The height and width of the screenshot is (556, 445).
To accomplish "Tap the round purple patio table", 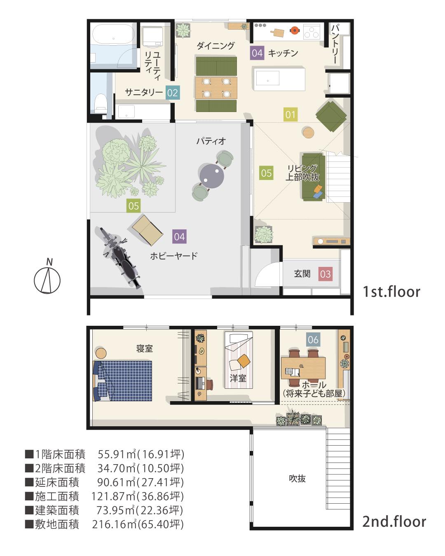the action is [212, 175].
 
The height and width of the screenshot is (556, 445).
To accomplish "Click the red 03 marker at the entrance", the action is [325, 274].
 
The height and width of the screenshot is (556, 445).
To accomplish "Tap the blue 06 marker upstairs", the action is [313, 339].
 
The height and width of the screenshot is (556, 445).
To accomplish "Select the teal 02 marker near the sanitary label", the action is [173, 93].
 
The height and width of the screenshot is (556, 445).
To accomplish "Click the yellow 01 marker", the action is [290, 114].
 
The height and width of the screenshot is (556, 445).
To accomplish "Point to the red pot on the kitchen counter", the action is [294, 30].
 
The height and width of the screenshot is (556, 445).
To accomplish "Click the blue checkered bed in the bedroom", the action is [122, 381].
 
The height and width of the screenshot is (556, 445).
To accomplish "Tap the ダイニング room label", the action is [215, 46].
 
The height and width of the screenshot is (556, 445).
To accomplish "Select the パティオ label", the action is [211, 141].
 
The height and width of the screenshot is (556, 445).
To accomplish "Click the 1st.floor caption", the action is [391, 292].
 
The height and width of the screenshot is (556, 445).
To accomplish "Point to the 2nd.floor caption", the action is [394, 521].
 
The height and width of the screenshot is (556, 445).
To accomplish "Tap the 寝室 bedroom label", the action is [145, 349].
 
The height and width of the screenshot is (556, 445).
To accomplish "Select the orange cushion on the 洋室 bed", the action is [244, 361].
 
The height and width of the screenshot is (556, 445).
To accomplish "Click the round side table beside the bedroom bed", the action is [101, 353].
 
